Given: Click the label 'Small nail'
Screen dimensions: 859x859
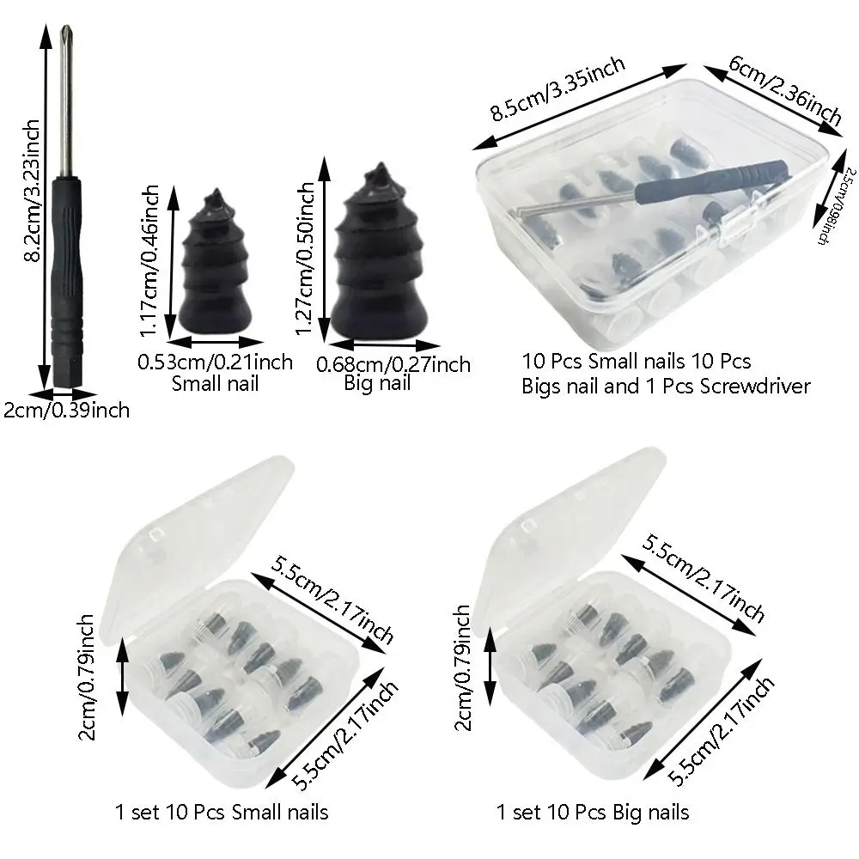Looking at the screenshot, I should click(215, 382).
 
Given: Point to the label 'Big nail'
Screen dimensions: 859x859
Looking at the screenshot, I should click(379, 383).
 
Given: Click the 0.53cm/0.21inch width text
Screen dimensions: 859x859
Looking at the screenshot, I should click(215, 362).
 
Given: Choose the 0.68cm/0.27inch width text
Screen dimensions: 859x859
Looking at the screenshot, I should click(393, 365).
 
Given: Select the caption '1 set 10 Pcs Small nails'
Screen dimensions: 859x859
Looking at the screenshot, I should click(222, 812).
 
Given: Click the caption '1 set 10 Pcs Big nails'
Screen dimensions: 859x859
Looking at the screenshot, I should click(593, 812).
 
